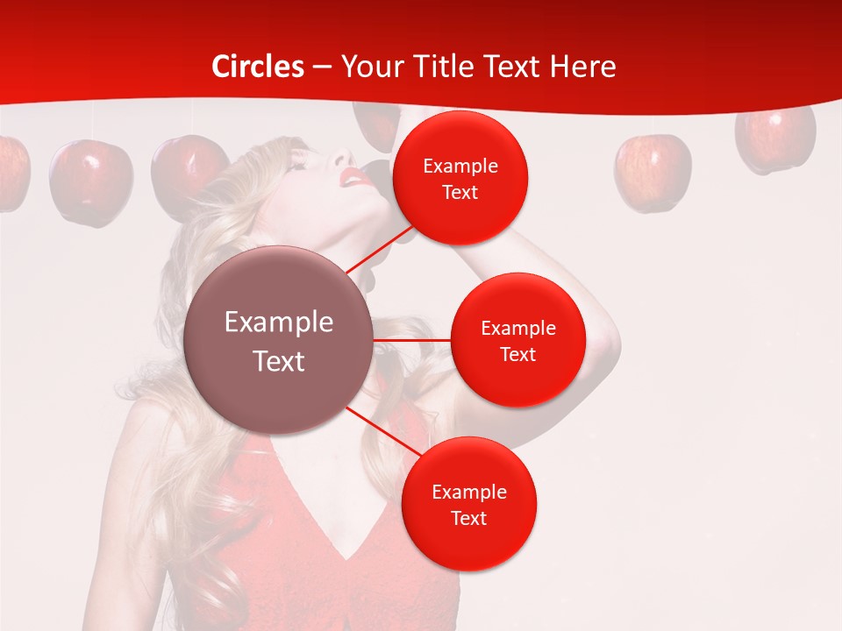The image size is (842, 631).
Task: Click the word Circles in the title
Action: coord(258,67)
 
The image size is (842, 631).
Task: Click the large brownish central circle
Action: coord(279,340)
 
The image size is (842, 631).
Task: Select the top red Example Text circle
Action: coord(460,178)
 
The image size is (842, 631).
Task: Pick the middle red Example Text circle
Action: coord(517,340)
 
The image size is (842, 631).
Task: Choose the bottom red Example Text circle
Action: coord(468,504)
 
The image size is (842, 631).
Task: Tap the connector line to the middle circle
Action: coord(412,340)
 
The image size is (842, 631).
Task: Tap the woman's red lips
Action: coord(355,178)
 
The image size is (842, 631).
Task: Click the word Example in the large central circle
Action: coord(279,323)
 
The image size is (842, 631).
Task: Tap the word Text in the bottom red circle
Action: coord(468,518)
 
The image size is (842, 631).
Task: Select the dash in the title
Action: coord(322,67)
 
